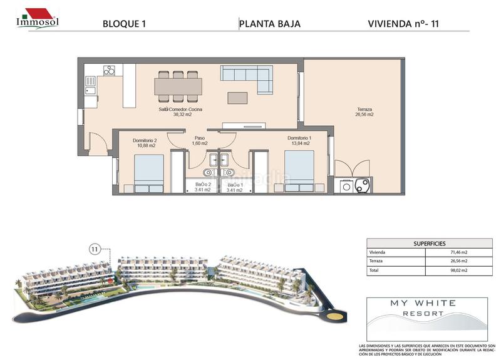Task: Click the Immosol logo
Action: [37, 18]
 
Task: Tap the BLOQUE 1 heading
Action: [124, 24]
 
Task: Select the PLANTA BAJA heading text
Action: [271, 24]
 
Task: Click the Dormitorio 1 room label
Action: [299, 141]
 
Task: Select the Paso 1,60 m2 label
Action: [200, 141]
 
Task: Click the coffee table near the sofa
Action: [237, 98]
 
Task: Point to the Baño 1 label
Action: [235, 187]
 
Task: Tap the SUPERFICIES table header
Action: [428, 242]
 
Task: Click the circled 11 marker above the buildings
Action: [95, 249]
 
